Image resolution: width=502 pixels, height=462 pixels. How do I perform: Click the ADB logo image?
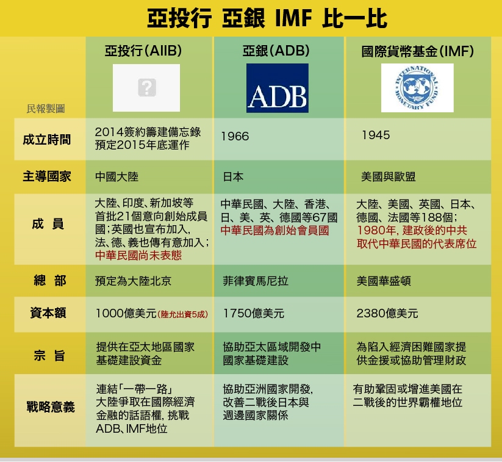click(x=278, y=88)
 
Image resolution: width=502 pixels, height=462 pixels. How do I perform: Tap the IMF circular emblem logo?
click(x=417, y=88)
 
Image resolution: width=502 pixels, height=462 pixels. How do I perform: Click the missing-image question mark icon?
click(x=147, y=87)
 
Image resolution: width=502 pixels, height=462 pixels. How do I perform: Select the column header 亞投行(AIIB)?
click(x=143, y=51)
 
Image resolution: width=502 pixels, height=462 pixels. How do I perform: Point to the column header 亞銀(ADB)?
click(x=276, y=51)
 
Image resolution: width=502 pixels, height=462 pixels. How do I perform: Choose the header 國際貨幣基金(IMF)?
click(x=417, y=51)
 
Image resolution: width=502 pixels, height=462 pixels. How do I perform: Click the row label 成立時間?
click(x=47, y=140)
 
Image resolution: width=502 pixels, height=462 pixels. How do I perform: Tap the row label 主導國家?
click(x=47, y=176)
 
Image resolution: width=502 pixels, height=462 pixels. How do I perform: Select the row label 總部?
click(x=49, y=281)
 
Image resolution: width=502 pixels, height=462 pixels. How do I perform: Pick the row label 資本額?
click(x=48, y=312)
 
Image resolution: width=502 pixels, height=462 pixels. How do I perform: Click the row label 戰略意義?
click(x=51, y=407)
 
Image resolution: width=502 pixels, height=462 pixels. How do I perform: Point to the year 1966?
click(x=235, y=137)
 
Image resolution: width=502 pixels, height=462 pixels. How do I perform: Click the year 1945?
click(x=376, y=135)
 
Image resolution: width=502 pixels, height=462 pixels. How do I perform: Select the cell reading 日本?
click(x=233, y=177)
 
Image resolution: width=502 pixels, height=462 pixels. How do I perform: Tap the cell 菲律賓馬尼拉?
click(x=256, y=281)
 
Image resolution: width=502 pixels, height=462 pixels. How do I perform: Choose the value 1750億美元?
click(x=254, y=313)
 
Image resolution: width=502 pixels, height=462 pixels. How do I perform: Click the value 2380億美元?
click(x=387, y=313)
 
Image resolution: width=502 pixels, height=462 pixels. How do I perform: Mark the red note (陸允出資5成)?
click(x=183, y=314)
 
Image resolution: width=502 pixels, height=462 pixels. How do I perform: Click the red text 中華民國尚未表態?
click(x=138, y=255)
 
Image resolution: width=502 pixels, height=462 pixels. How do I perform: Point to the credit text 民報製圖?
click(x=46, y=109)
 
